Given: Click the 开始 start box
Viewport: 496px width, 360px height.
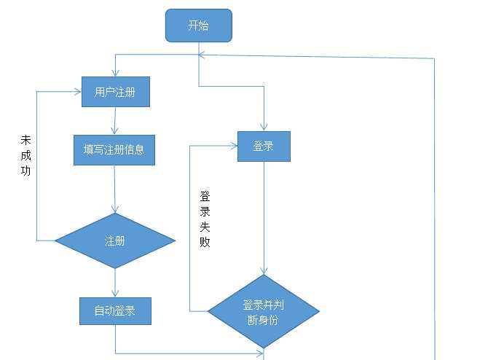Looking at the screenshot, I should coord(198,26).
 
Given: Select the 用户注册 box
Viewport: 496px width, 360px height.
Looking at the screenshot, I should coord(115,92).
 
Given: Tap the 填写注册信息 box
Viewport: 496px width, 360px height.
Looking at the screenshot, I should coord(114,150).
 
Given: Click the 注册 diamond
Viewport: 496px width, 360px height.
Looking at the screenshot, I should coord(115,240).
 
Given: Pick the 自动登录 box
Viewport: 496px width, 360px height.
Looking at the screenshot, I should coord(115,310).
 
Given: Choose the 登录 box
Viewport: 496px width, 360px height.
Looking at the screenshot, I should coord(264,146).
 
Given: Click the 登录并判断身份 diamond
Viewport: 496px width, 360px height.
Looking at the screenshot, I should coord(264,311).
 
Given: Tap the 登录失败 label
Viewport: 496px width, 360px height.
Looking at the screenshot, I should coord(205,219).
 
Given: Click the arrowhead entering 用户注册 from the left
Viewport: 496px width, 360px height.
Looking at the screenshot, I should coord(77,91).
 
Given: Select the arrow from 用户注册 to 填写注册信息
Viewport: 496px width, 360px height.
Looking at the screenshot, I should coord(115,120).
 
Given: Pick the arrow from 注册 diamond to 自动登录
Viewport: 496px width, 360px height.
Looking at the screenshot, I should coord(115,283).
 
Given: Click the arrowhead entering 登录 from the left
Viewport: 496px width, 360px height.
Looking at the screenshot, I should coord(234,146).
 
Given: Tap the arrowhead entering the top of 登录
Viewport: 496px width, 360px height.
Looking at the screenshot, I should coord(264,127).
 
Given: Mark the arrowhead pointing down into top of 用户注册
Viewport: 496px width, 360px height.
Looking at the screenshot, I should coord(115,72).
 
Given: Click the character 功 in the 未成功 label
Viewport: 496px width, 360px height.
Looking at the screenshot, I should coord(26,172).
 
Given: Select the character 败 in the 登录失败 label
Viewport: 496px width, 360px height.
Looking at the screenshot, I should coord(205,242).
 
